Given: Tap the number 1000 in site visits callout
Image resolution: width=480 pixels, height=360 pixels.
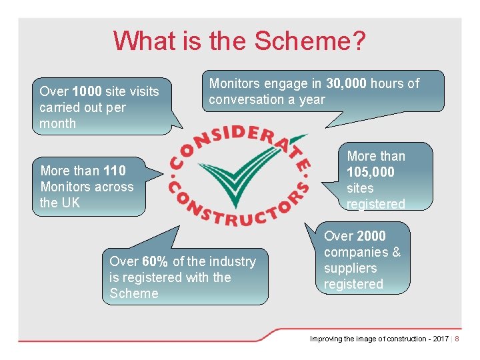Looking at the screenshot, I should coord(87,91).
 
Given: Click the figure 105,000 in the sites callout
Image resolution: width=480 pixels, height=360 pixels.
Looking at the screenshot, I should coord(371,172).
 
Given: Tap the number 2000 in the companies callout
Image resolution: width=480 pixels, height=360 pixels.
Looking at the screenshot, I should coord(371,236).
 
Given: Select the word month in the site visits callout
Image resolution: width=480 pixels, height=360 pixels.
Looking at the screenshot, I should coord(58,123).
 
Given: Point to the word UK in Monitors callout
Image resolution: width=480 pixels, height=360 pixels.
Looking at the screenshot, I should coord(70,203).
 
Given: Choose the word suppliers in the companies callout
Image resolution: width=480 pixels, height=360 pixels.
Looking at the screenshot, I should coord(351,268).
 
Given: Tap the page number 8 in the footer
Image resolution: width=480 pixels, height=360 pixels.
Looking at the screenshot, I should coord(457,339).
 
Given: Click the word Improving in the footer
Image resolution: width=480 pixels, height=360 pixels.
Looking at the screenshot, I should coord(326,339).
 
